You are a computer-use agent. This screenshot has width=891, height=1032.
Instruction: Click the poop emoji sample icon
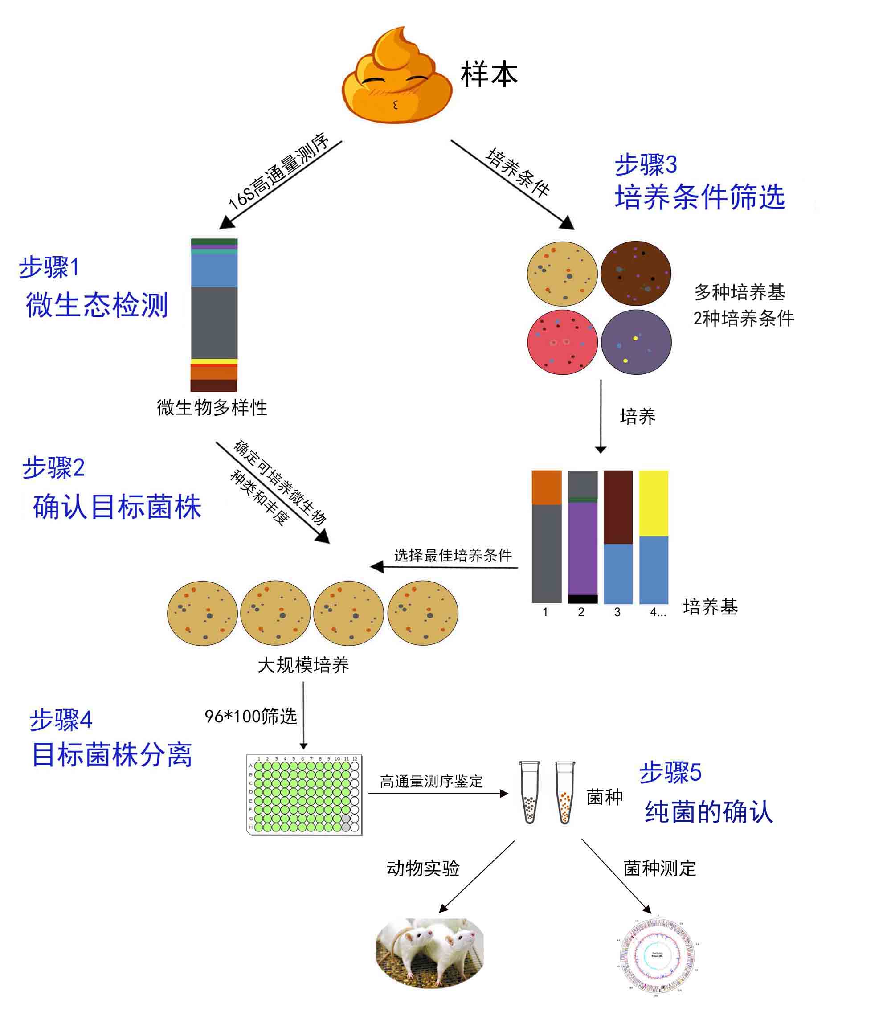click(x=397, y=77)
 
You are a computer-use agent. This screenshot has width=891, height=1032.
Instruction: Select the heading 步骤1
click(x=49, y=267)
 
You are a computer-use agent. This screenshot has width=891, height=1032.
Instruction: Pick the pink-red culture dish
click(x=562, y=343)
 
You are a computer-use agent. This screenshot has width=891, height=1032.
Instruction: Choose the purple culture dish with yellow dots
click(x=636, y=343)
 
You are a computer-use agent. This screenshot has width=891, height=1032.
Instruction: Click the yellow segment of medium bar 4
click(x=654, y=503)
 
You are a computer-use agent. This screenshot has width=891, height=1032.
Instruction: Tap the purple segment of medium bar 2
click(x=582, y=548)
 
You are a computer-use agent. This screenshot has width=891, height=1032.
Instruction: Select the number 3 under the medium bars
click(x=617, y=612)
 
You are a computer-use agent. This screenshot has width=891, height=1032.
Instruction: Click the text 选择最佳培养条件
click(x=453, y=555)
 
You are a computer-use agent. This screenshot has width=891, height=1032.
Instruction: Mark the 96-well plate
click(x=304, y=794)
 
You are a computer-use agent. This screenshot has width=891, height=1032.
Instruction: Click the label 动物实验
click(x=423, y=868)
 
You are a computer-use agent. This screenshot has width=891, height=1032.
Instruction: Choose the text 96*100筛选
click(x=250, y=716)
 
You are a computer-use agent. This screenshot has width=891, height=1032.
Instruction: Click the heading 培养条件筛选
click(x=700, y=197)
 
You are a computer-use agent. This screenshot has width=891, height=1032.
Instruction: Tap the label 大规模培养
click(x=303, y=665)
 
